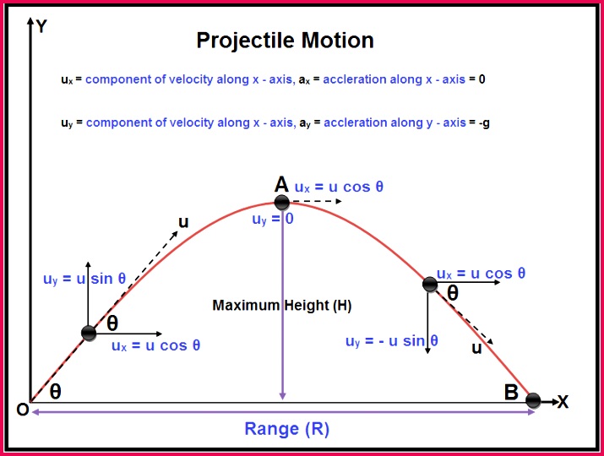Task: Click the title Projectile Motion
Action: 285,41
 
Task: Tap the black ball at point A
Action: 282,203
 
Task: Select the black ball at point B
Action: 533,400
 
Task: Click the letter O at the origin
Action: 21,410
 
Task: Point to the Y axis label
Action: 41,25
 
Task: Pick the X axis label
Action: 563,403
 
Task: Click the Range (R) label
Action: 286,429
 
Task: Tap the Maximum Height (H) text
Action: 281,305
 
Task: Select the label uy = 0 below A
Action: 272,219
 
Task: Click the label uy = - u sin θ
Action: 392,341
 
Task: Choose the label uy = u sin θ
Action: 84,279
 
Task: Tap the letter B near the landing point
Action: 511,392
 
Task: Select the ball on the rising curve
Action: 89,333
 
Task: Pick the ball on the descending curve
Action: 430,285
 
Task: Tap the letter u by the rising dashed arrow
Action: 182,222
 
